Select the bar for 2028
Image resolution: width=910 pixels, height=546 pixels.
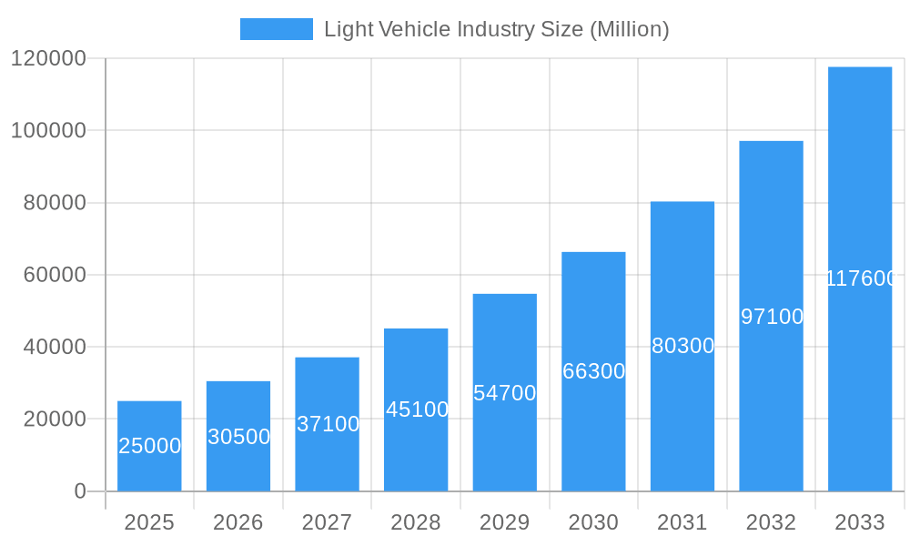click(416, 437)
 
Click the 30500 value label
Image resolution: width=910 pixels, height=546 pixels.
click(238, 437)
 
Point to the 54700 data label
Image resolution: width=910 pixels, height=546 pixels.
click(505, 393)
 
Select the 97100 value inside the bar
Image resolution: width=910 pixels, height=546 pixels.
click(772, 317)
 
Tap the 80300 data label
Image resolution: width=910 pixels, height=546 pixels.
click(682, 346)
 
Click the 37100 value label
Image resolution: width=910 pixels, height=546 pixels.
click(328, 424)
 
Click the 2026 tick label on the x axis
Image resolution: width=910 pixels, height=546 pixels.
click(238, 522)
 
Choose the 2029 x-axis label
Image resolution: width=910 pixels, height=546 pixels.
click(505, 522)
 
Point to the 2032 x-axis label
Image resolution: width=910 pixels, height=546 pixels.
click(772, 522)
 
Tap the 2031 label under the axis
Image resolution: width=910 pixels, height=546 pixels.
click(682, 522)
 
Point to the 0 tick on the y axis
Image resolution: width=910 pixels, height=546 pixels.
click(80, 491)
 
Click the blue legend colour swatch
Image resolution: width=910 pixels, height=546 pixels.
click(276, 29)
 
